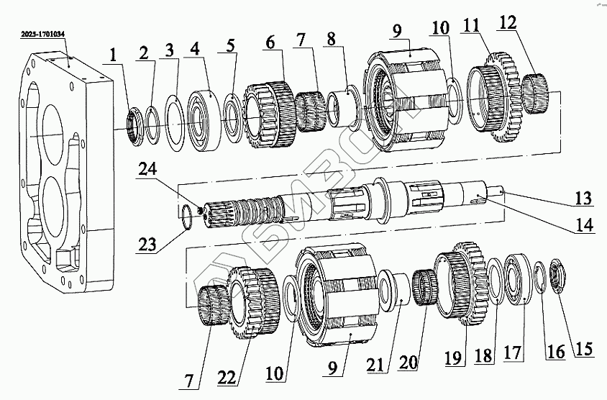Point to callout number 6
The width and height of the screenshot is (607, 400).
tap(270, 42)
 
